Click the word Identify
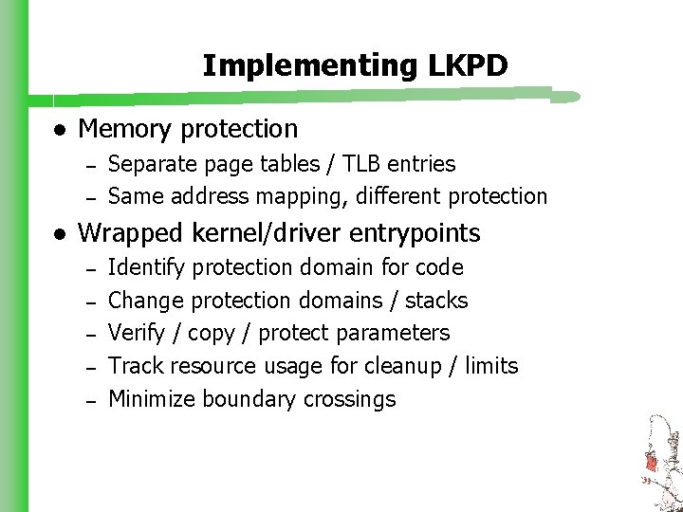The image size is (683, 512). click(x=146, y=267)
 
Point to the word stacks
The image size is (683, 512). click(x=436, y=301)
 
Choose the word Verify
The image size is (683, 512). click(x=136, y=333)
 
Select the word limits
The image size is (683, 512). click(x=491, y=366)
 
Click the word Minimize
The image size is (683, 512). click(x=152, y=399)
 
